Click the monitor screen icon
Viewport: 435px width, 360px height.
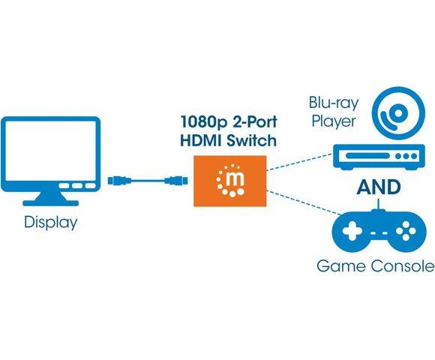click(x=52, y=154)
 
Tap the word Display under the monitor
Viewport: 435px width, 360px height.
click(x=51, y=223)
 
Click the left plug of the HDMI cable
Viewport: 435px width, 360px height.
click(x=118, y=180)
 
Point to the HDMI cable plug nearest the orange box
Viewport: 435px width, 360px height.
click(x=178, y=180)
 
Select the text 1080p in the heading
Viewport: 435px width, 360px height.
click(x=202, y=122)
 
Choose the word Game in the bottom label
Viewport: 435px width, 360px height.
click(x=339, y=265)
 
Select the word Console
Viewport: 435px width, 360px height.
click(x=398, y=265)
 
